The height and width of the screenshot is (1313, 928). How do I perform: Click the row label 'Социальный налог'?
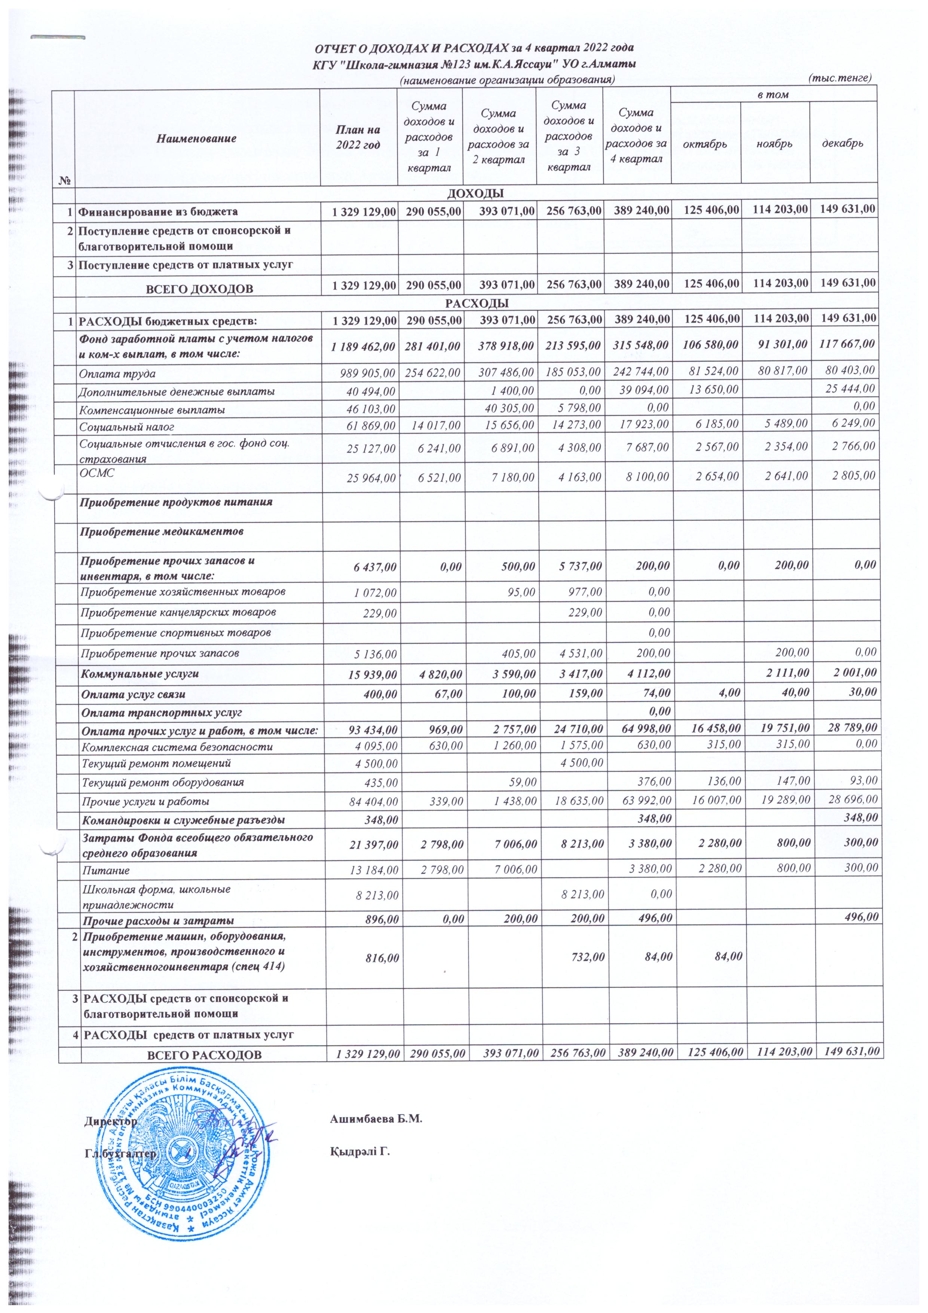[127, 427]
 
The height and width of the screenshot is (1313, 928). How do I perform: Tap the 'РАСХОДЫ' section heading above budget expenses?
[477, 302]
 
